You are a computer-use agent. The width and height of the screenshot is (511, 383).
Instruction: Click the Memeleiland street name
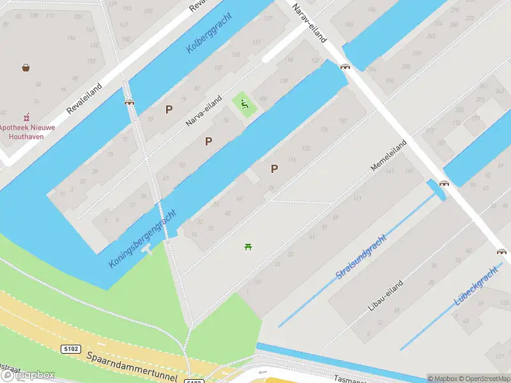pyautogui.click(x=389, y=155)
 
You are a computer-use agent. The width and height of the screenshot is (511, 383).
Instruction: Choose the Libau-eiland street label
pyautogui.click(x=386, y=295)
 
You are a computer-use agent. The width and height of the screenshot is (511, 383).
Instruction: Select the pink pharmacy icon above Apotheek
pyautogui.click(x=26, y=117)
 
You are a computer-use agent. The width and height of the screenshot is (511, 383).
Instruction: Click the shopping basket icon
pyautogui.click(x=26, y=67)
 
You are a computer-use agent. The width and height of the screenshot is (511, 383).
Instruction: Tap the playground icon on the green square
pyautogui.click(x=244, y=104)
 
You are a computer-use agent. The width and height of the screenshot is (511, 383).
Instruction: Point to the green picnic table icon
pyautogui.click(x=248, y=246)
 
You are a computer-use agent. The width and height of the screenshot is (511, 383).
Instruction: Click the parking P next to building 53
pyautogui.click(x=169, y=109)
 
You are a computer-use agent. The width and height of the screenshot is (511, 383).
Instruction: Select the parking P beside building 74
pyautogui.click(x=275, y=169)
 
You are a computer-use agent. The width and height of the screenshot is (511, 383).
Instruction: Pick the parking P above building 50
pyautogui.click(x=208, y=141)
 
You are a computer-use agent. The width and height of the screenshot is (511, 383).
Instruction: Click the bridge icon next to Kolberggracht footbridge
pyautogui.click(x=129, y=101)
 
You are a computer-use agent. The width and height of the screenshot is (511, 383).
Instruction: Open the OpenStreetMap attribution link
pyautogui.click(x=486, y=379)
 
